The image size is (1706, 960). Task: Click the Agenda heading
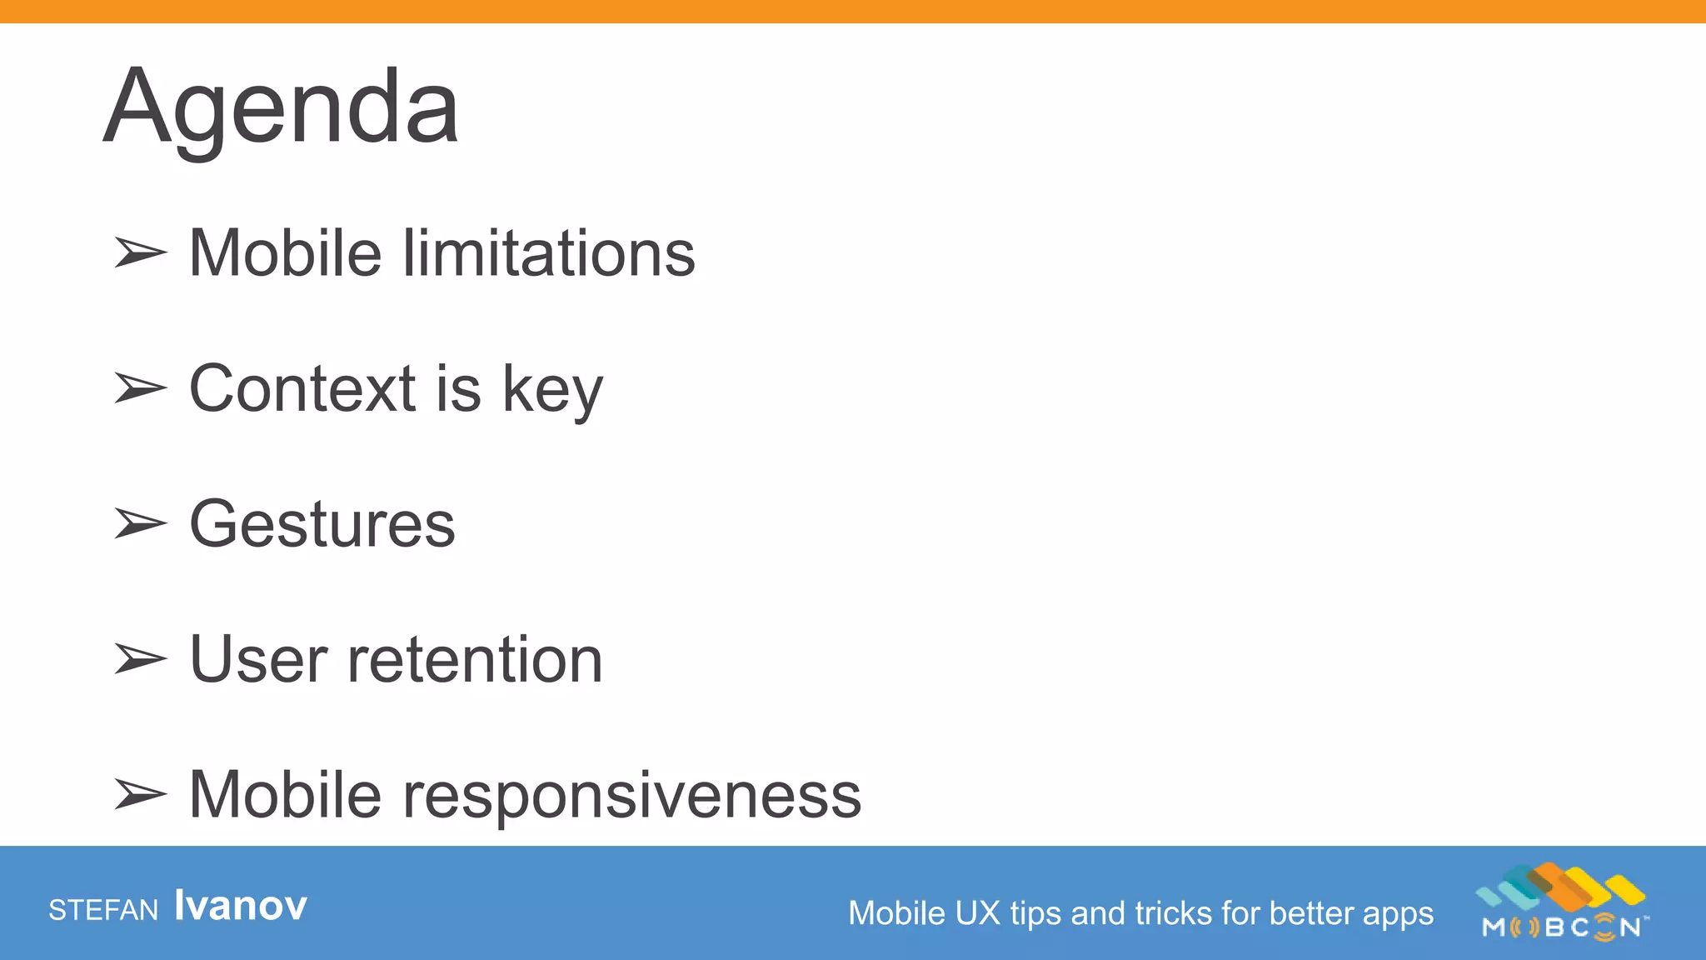click(281, 108)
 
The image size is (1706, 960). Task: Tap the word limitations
click(549, 253)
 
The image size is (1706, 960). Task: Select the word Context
click(302, 389)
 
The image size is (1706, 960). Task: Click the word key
click(552, 392)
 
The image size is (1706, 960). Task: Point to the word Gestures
click(322, 525)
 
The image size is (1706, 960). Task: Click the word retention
click(475, 660)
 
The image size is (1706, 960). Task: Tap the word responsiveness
click(632, 796)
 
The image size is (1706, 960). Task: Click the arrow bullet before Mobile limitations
click(140, 252)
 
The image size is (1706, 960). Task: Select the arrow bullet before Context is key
click(140, 388)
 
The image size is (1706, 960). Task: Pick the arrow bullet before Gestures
click(140, 523)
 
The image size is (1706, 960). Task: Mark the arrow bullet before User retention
click(140, 659)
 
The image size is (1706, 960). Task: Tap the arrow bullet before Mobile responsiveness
click(140, 794)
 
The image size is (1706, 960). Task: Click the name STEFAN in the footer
click(103, 910)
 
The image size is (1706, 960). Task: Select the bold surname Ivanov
click(241, 906)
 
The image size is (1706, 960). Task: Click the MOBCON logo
click(1562, 903)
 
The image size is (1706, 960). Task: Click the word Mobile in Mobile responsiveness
click(285, 795)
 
